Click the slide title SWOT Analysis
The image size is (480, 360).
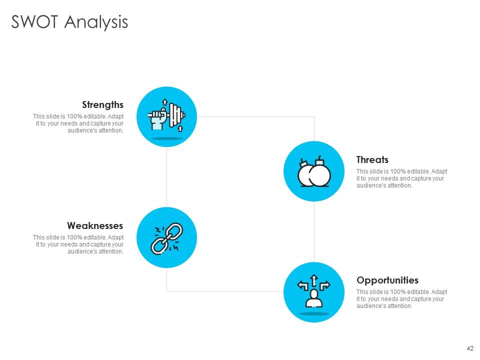click(x=69, y=22)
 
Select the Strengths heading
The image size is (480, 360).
click(x=102, y=104)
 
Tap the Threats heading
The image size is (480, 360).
click(x=372, y=160)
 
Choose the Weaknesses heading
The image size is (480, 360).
click(x=95, y=225)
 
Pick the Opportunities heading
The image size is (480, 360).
click(x=387, y=280)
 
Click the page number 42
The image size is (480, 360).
click(x=469, y=348)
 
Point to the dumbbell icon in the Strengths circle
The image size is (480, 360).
click(x=175, y=115)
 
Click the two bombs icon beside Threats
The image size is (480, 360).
click(x=314, y=172)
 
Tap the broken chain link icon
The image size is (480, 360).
click(x=166, y=238)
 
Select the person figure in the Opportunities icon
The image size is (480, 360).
click(x=313, y=298)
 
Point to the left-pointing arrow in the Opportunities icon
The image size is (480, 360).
click(x=303, y=285)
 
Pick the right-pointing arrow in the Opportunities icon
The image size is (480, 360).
click(x=324, y=285)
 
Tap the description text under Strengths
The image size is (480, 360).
click(x=78, y=123)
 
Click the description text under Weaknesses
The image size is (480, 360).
click(x=78, y=244)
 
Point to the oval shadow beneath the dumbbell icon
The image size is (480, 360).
click(x=166, y=138)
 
